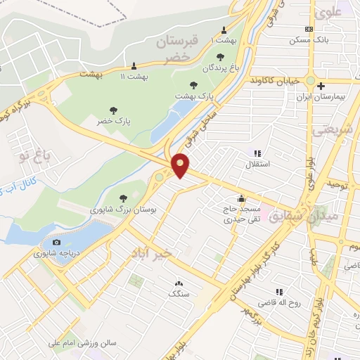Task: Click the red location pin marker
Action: [x=181, y=165]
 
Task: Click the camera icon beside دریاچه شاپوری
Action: [x=56, y=243]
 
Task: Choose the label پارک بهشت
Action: [x=193, y=95]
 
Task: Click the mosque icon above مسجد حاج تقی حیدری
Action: [x=242, y=199]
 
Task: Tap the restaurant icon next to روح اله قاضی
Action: [x=279, y=292]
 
